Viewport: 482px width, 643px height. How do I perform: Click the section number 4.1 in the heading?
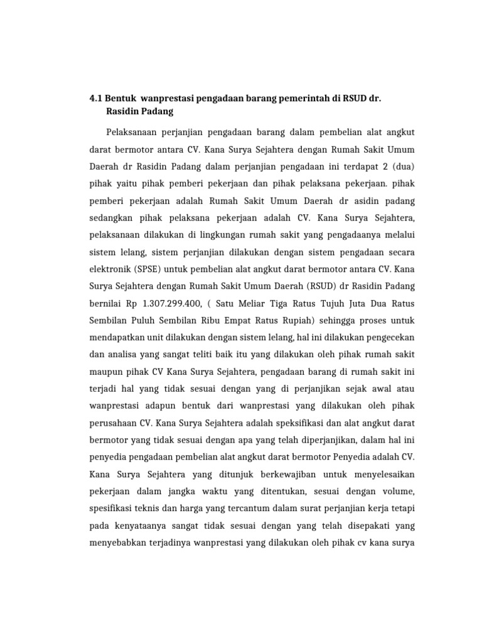[95, 99]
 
